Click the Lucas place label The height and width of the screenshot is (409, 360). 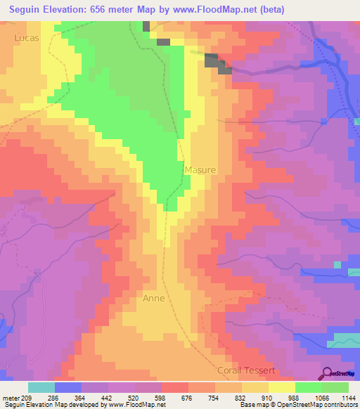pyautogui.click(x=26, y=37)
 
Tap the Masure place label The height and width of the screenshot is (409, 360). pyautogui.click(x=200, y=170)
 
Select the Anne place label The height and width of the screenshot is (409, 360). pyautogui.click(x=153, y=298)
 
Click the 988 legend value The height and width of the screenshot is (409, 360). pyautogui.click(x=293, y=398)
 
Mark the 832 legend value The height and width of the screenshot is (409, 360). pyautogui.click(x=240, y=398)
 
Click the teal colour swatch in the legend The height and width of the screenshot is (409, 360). pyautogui.click(x=41, y=387)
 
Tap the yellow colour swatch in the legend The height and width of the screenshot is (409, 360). pyautogui.click(x=282, y=387)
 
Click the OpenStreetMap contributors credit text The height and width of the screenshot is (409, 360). pyautogui.click(x=324, y=405)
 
